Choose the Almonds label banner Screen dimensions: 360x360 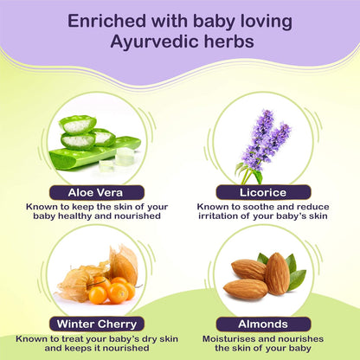click(269, 324)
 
